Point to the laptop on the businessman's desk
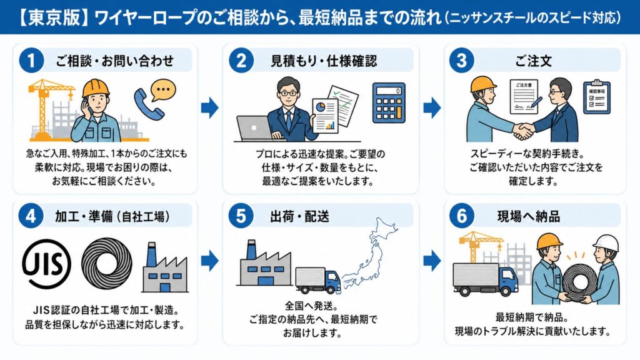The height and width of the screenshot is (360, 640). (252, 127)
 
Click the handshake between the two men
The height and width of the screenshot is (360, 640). (523, 131)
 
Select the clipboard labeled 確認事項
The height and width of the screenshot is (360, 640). (597, 97)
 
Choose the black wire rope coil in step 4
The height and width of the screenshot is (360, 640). (106, 264)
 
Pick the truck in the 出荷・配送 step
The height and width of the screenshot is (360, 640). (317, 282)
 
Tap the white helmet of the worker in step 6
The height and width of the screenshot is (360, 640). (605, 243)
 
